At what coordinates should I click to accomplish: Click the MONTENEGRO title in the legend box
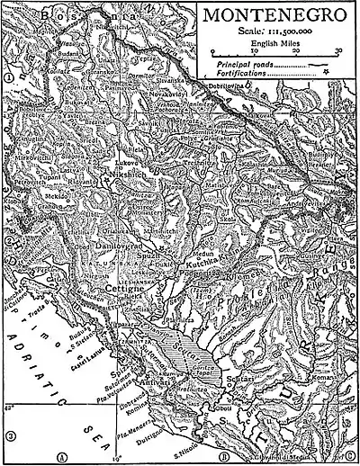coord(275,17)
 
